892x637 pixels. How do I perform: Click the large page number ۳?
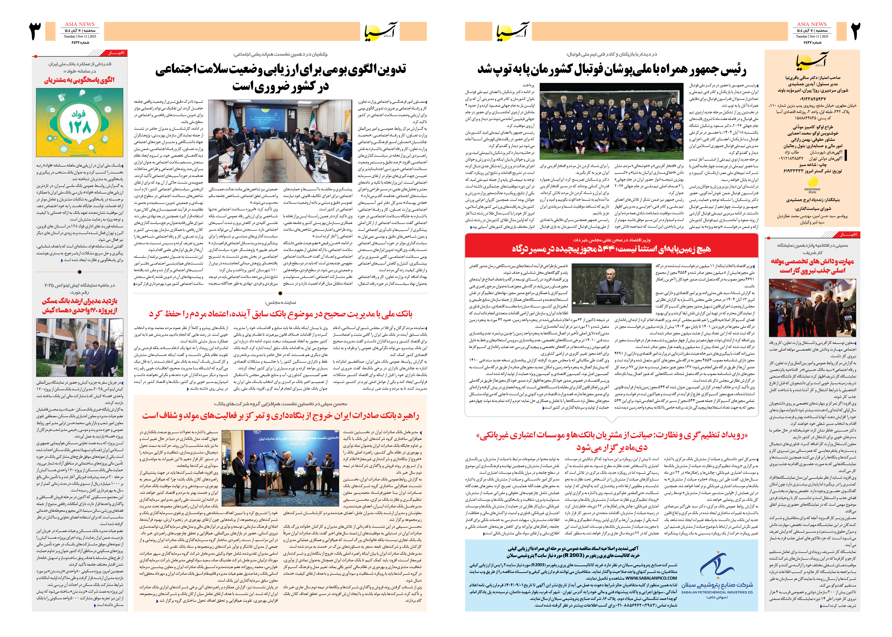coord(36,31)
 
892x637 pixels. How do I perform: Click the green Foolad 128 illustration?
coord(80,122)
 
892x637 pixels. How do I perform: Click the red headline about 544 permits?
coord(611,249)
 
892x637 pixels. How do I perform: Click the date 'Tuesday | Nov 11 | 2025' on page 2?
coord(812,36)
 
